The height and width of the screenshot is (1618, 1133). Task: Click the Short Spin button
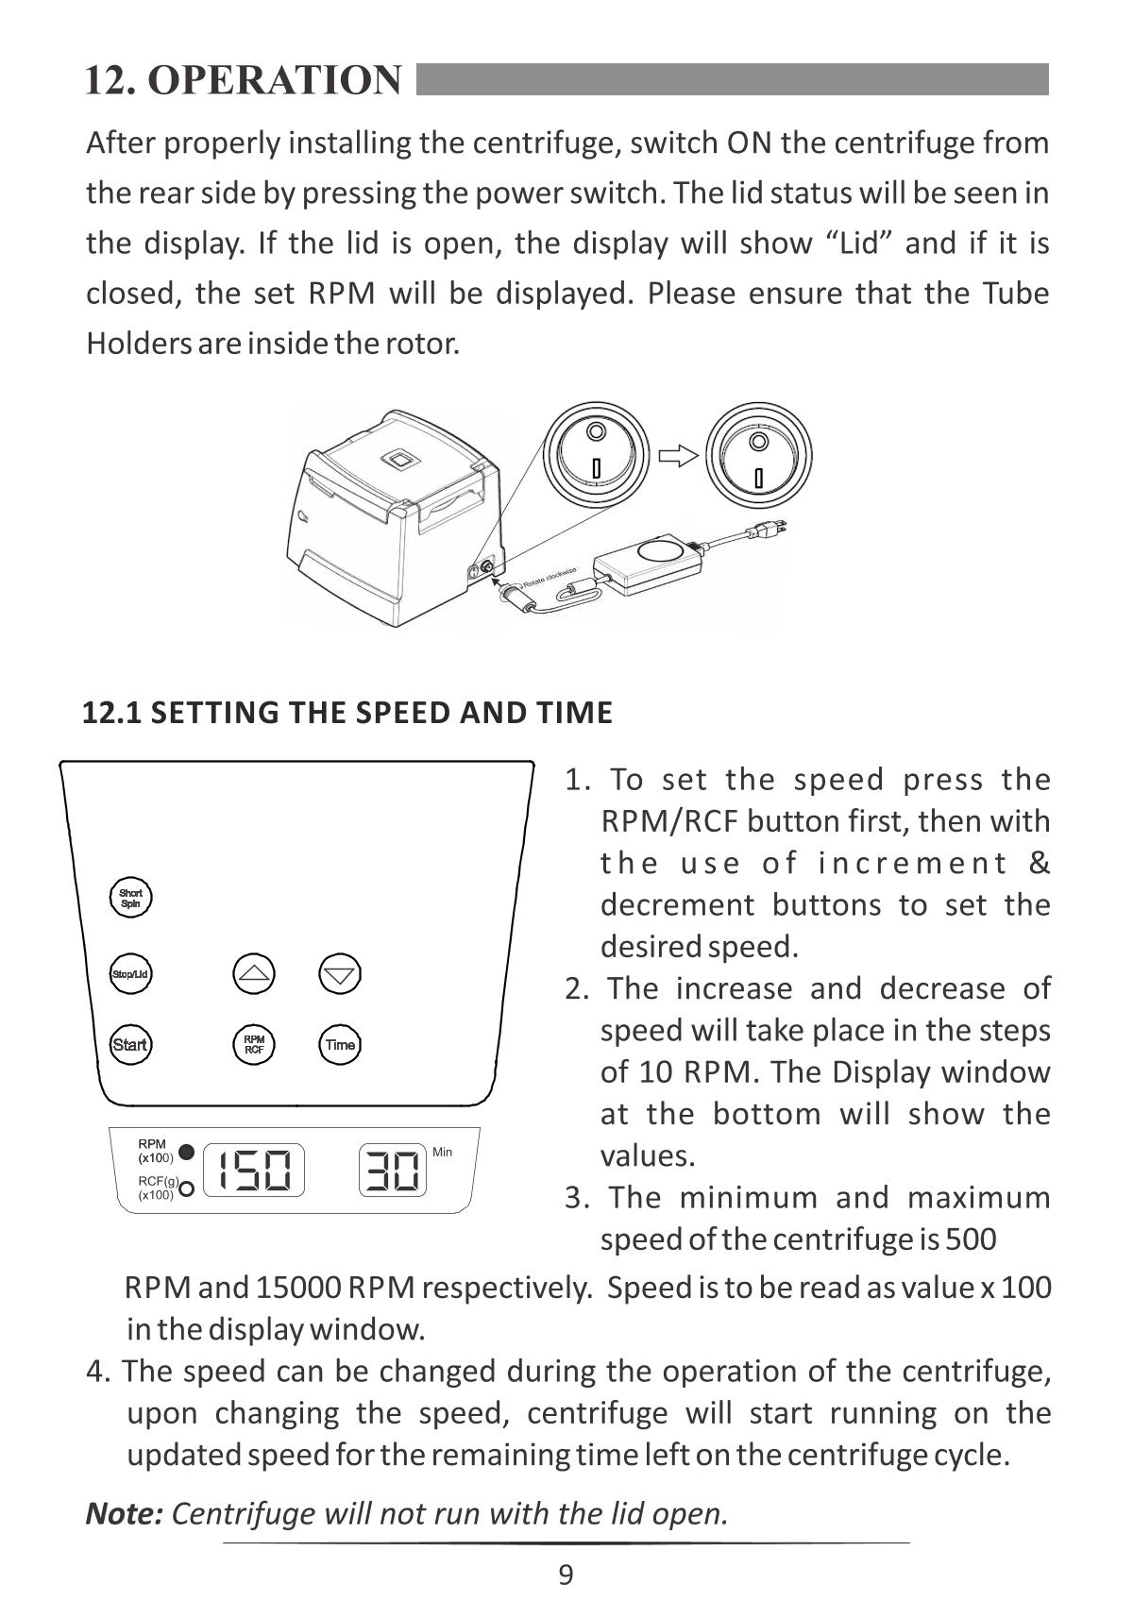[x=131, y=898]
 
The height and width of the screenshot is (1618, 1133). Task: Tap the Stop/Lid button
[x=131, y=973]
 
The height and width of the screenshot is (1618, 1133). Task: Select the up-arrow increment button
[x=254, y=973]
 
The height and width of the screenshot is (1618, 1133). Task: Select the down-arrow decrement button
[x=340, y=973]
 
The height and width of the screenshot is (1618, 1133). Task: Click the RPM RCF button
[x=254, y=1044]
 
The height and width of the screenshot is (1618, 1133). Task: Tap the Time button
[x=340, y=1044]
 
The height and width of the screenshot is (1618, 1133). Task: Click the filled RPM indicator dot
[x=187, y=1152]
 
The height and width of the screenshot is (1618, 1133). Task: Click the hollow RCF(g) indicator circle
[x=187, y=1188]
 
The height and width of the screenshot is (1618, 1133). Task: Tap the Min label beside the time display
[x=442, y=1152]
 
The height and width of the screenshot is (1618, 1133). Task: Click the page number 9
[x=566, y=1575]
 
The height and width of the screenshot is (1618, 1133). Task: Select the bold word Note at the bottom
[x=124, y=1513]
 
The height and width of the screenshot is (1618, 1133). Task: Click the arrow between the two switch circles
[x=677, y=457]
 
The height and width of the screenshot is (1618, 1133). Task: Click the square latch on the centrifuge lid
[x=400, y=460]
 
